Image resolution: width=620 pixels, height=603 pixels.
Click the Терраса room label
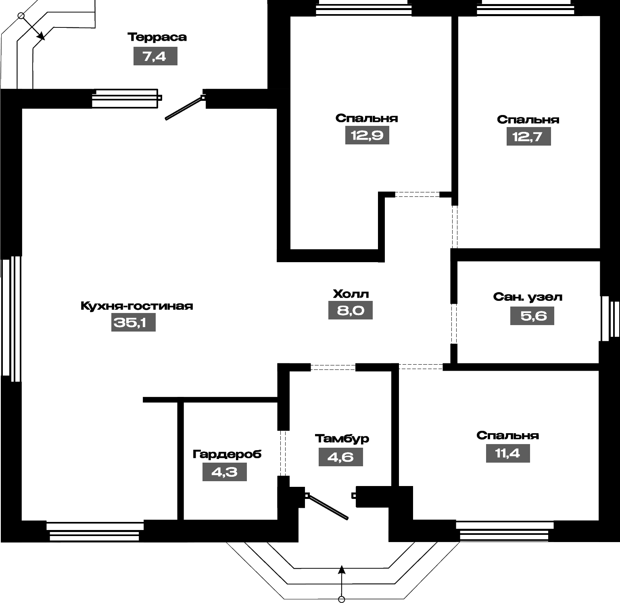pyautogui.click(x=157, y=37)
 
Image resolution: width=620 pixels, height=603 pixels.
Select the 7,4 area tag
pyautogui.click(x=155, y=56)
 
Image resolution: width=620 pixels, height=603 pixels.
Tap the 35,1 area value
pyautogui.click(x=133, y=322)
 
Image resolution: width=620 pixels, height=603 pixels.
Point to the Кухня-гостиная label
pyautogui.click(x=137, y=306)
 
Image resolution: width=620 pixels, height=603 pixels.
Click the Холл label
pyautogui.click(x=351, y=294)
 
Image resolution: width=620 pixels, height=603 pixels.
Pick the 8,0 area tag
pyautogui.click(x=350, y=310)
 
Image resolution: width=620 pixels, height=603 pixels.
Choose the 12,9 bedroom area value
pyautogui.click(x=367, y=135)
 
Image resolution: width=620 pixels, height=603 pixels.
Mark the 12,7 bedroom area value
pyautogui.click(x=528, y=136)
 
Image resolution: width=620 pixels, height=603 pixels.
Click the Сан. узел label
pyautogui.click(x=528, y=297)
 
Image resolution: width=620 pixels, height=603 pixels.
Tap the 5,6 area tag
pyautogui.click(x=532, y=315)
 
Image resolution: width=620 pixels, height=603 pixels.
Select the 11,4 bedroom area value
pyautogui.click(x=508, y=453)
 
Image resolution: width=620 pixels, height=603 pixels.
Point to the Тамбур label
pyautogui.click(x=342, y=438)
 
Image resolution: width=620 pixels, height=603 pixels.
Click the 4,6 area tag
pyautogui.click(x=341, y=457)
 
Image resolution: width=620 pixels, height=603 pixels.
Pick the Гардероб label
pyautogui.click(x=227, y=454)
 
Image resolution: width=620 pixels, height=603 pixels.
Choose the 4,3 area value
pyautogui.click(x=224, y=472)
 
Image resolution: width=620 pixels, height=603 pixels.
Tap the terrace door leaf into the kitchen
pyautogui.click(x=184, y=108)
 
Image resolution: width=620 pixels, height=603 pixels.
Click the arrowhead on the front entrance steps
pyautogui.click(x=342, y=569)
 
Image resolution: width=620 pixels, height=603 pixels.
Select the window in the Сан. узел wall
pyautogui.click(x=610, y=319)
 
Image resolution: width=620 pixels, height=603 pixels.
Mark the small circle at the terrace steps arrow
pyautogui.click(x=21, y=16)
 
